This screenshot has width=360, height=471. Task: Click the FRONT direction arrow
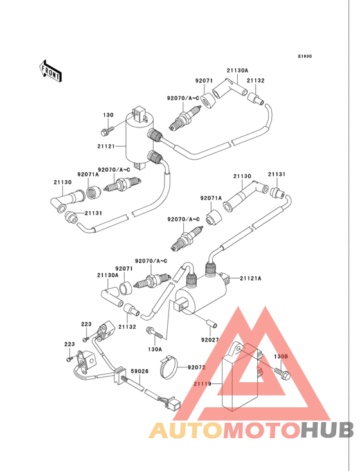point(50,71)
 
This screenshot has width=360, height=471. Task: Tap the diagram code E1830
point(305,56)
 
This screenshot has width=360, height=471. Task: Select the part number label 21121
point(106,146)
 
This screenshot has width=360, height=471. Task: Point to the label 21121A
point(251,279)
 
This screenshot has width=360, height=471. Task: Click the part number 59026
point(139,371)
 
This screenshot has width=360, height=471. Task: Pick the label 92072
point(197,367)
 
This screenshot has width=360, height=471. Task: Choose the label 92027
point(210,340)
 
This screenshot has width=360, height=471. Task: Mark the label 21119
point(203,383)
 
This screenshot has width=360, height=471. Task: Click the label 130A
point(155,349)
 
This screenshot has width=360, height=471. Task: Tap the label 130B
point(281,356)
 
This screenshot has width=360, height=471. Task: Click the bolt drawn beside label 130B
point(282,373)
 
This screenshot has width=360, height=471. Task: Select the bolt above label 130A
point(154,332)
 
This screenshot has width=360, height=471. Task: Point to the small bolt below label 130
point(108,130)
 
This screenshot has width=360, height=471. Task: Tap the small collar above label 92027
point(212,326)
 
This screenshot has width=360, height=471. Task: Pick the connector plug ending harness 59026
point(173,403)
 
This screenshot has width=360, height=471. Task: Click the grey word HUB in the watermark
point(327,430)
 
